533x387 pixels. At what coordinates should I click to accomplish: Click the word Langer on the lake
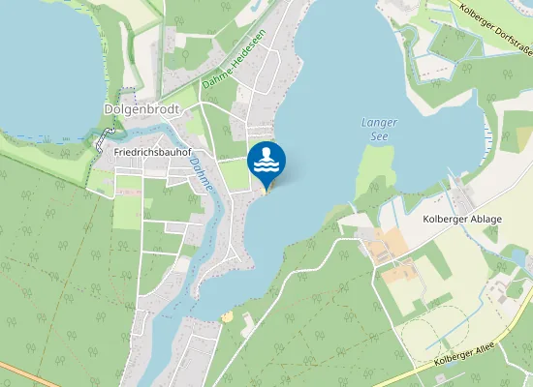tap(379, 124)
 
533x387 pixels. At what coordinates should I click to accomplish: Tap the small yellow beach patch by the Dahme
tap(227, 316)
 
